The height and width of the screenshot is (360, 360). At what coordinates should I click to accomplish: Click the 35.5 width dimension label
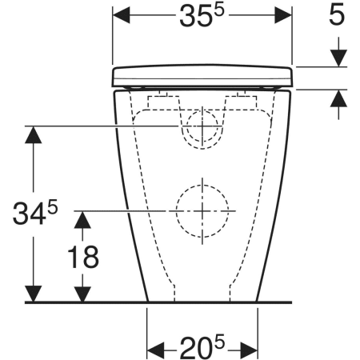pos(202,15)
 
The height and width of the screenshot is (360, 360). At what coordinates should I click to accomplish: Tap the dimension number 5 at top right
pos(337,14)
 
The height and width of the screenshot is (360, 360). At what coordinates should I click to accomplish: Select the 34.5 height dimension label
pos(35,212)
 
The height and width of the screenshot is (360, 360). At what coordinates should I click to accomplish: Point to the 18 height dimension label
pos(83,257)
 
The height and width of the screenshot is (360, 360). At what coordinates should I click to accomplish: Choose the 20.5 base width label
pos(202,347)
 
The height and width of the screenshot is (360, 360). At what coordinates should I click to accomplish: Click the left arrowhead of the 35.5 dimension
pos(121,15)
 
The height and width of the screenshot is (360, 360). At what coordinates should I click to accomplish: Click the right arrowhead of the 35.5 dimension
pos(283,15)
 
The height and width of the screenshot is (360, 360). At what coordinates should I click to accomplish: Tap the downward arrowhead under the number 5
pos(338,58)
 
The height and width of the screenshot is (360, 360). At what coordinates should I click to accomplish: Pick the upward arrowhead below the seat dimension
pos(338,98)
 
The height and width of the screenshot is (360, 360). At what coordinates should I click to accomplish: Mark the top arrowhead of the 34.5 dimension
pos(34,134)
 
